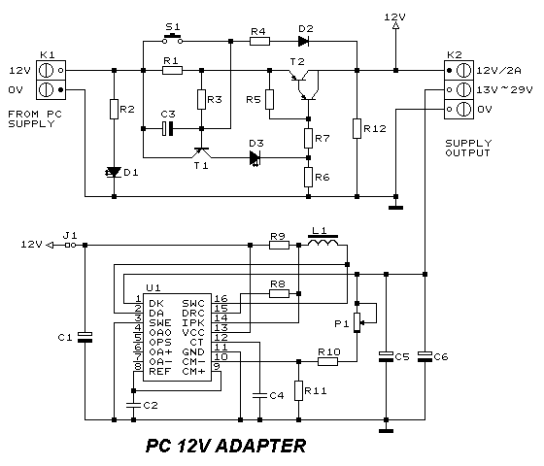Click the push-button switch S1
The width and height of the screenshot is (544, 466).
[x=173, y=39]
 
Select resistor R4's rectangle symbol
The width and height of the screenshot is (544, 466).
[x=259, y=42]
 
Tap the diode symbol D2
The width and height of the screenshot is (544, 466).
[x=304, y=42]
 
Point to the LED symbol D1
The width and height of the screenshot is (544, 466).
[x=114, y=172]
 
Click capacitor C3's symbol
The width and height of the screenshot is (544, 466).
[x=167, y=128]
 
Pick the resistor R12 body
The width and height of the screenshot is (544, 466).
[x=357, y=128]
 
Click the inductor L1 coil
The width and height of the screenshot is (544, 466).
[x=323, y=242]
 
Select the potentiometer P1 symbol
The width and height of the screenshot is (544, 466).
[x=357, y=322]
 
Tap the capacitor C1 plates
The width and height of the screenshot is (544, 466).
[x=85, y=337]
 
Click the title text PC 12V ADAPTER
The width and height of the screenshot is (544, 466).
[x=225, y=446]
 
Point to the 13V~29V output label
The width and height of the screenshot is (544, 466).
[x=504, y=89]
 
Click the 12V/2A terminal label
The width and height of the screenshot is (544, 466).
[x=498, y=70]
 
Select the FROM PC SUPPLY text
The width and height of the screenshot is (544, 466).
[x=35, y=118]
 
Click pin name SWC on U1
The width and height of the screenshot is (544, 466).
[x=193, y=303]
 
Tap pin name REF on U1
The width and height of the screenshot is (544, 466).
[x=160, y=371]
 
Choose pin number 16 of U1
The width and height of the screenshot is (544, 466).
[x=221, y=298]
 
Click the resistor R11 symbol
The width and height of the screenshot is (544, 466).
[x=299, y=390]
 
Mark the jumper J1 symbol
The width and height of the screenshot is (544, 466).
[x=70, y=245]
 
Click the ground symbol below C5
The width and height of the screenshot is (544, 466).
[x=387, y=431]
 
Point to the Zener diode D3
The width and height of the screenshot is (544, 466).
[x=255, y=158]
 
